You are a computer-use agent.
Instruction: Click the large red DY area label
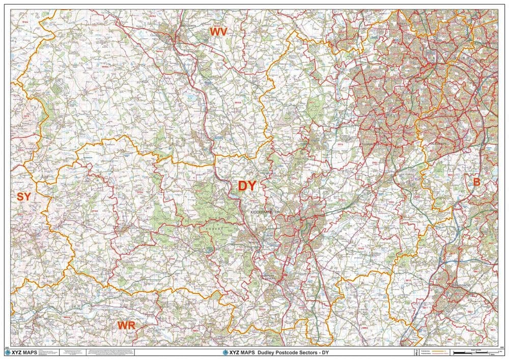[x=247, y=186]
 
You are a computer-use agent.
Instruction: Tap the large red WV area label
[x=218, y=32]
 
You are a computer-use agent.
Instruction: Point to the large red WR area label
[x=126, y=325]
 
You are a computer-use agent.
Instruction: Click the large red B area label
[x=477, y=182]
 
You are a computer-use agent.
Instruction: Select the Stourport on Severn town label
[x=267, y=279]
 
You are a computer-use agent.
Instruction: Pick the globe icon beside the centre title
[x=225, y=352]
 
